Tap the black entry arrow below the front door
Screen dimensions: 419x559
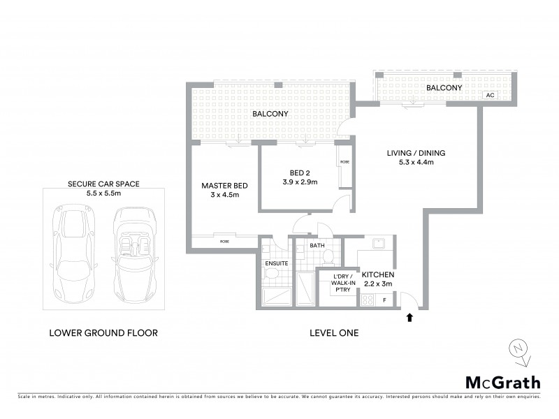pos(409,318)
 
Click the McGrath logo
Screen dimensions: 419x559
pos(502,382)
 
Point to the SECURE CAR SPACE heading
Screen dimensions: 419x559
pos(103,184)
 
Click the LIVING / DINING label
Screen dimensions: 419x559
pos(416,154)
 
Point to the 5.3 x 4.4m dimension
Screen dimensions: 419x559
pos(416,164)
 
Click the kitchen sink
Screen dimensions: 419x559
pos(376,244)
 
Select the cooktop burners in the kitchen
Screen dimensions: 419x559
pos(367,300)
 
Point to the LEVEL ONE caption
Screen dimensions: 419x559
pos(334,333)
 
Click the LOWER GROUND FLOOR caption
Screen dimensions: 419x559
pos(103,333)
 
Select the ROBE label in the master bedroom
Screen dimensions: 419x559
pos(224,241)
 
